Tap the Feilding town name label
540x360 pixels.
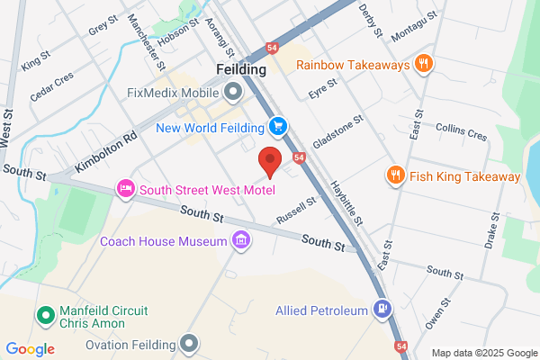(x=242, y=69)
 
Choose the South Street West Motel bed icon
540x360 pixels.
(x=125, y=188)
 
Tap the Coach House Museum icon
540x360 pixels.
(x=240, y=240)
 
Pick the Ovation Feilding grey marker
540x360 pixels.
(x=188, y=342)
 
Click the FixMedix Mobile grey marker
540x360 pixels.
(x=234, y=92)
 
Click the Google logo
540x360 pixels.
(x=30, y=348)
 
